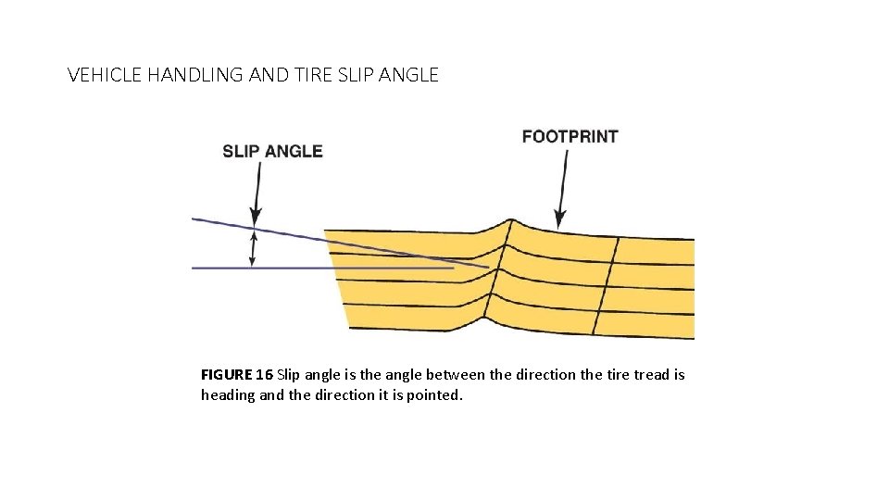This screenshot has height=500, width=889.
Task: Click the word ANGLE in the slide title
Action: (x=408, y=75)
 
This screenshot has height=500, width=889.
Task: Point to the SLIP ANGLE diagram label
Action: (x=272, y=151)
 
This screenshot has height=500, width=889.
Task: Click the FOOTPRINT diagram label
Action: (x=570, y=136)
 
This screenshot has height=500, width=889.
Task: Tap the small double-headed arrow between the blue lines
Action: (x=253, y=248)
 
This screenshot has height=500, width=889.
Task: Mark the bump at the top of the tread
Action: (x=507, y=222)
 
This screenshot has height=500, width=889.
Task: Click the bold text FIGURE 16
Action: (x=236, y=375)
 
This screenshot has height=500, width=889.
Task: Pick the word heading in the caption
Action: (x=227, y=395)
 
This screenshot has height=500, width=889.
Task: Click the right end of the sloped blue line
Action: (x=486, y=267)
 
